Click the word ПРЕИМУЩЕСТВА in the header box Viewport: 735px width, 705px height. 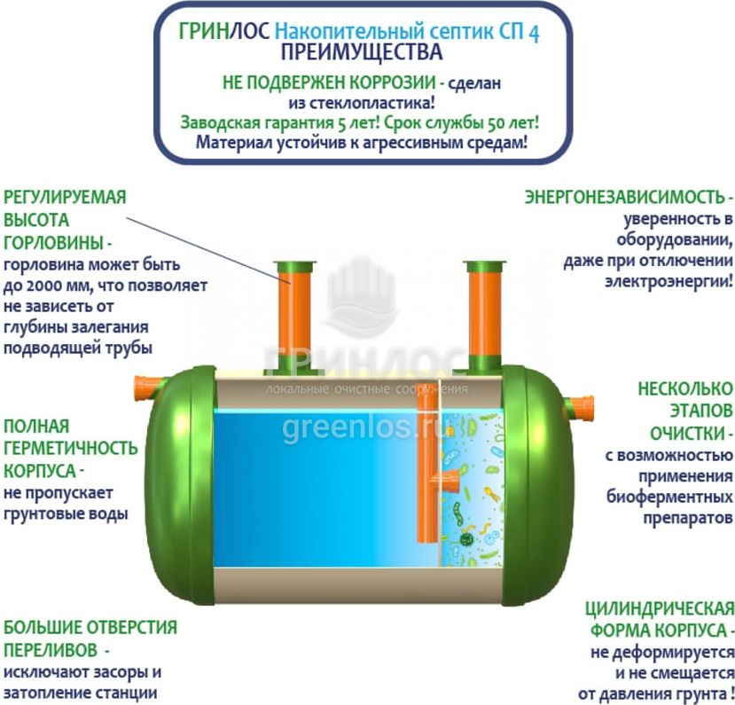[362, 52]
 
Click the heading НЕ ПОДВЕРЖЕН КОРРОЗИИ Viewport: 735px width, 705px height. [329, 82]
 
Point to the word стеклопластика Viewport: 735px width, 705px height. [369, 103]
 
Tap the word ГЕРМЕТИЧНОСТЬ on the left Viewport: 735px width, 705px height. [70, 448]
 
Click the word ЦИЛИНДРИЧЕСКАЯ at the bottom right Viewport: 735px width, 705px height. [660, 609]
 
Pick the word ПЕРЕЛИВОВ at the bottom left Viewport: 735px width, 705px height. [51, 650]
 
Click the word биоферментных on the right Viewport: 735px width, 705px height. [670, 497]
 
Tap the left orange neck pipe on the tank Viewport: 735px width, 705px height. [293, 318]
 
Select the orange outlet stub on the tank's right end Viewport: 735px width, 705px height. [581, 409]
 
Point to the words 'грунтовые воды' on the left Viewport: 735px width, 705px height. [66, 514]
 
